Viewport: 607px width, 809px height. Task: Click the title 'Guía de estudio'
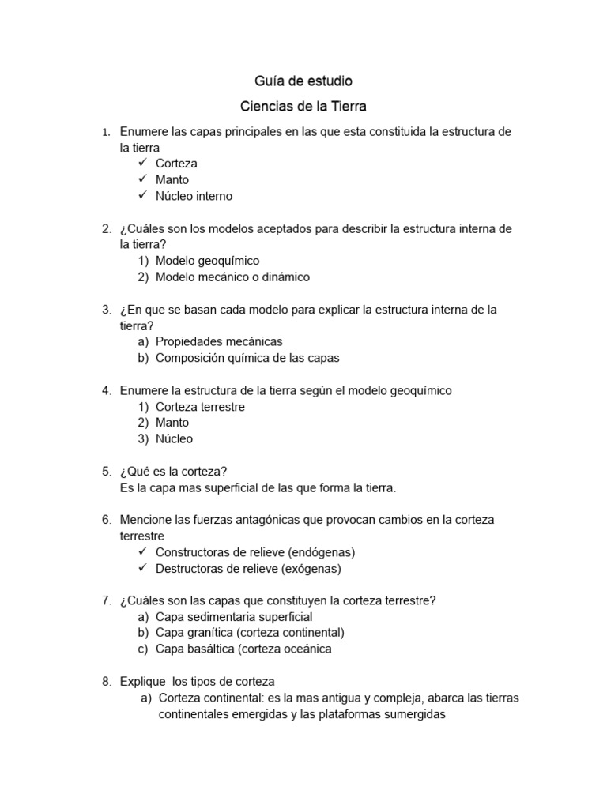pyautogui.click(x=303, y=81)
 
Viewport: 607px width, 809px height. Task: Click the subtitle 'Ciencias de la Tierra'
pyautogui.click(x=303, y=105)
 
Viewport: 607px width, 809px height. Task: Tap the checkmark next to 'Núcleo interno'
pyautogui.click(x=142, y=195)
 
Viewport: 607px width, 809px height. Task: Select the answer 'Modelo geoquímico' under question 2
pyautogui.click(x=207, y=260)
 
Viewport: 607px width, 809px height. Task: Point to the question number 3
pyautogui.click(x=107, y=309)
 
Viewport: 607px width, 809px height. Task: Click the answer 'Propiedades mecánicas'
pyautogui.click(x=219, y=341)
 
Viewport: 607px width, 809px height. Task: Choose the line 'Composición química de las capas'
pyautogui.click(x=247, y=358)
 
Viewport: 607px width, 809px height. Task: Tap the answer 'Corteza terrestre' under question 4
pyautogui.click(x=200, y=407)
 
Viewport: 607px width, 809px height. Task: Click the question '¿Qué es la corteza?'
pyautogui.click(x=174, y=472)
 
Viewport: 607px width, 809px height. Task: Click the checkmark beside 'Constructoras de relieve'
pyautogui.click(x=142, y=551)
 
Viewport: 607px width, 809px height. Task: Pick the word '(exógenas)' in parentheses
pyautogui.click(x=313, y=568)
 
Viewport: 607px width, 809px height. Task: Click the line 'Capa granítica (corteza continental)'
pyautogui.click(x=250, y=633)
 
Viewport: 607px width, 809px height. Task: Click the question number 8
pyautogui.click(x=107, y=681)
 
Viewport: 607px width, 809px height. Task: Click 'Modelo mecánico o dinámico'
pyautogui.click(x=232, y=277)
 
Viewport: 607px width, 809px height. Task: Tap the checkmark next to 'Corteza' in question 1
pyautogui.click(x=142, y=163)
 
